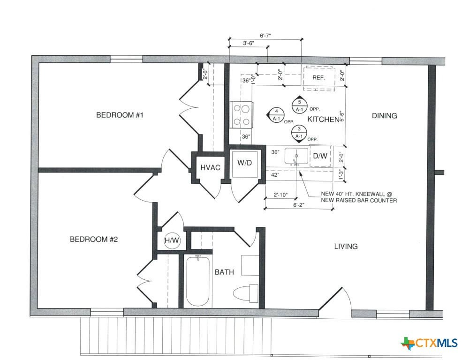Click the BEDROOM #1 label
coord(120,115)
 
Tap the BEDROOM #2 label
coord(94,239)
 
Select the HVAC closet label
coord(210,168)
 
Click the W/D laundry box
coord(245,163)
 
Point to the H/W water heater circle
coord(172,240)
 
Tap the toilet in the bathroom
coord(246,293)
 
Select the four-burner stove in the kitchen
coord(242,115)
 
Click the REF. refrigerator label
coord(318,78)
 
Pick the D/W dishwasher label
coord(320,156)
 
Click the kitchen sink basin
coord(296,156)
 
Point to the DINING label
coord(385,116)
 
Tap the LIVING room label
coord(346,247)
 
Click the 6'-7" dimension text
coord(265,36)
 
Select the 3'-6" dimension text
coord(248,43)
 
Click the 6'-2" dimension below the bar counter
coord(298,205)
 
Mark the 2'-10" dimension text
coord(280,195)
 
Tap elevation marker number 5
coord(300,105)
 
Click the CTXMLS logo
coord(430,343)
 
